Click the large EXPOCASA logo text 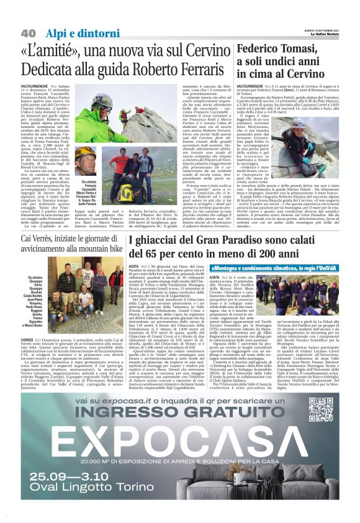coord(180,452)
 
